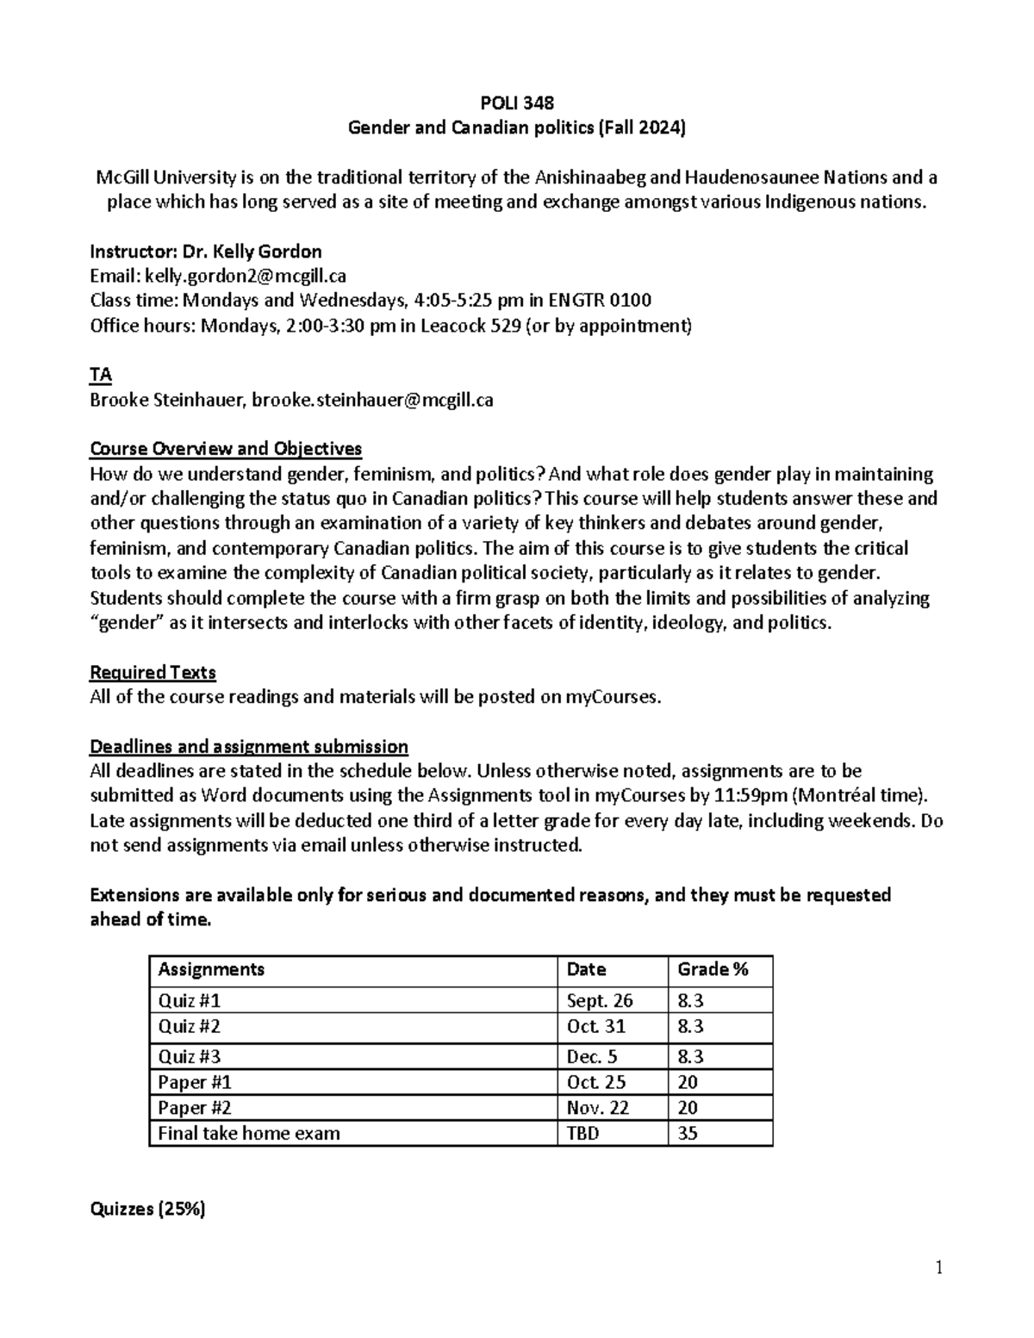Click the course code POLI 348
(516, 103)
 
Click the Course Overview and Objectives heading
(226, 449)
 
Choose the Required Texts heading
(153, 672)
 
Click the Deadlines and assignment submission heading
(249, 746)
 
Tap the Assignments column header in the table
(211, 969)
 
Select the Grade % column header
(713, 969)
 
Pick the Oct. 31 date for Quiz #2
(596, 1026)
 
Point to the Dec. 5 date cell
(592, 1056)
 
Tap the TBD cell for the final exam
(582, 1134)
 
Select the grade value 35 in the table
(688, 1134)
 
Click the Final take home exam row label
(249, 1134)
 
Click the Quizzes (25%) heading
(147, 1209)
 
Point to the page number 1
(939, 1267)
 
